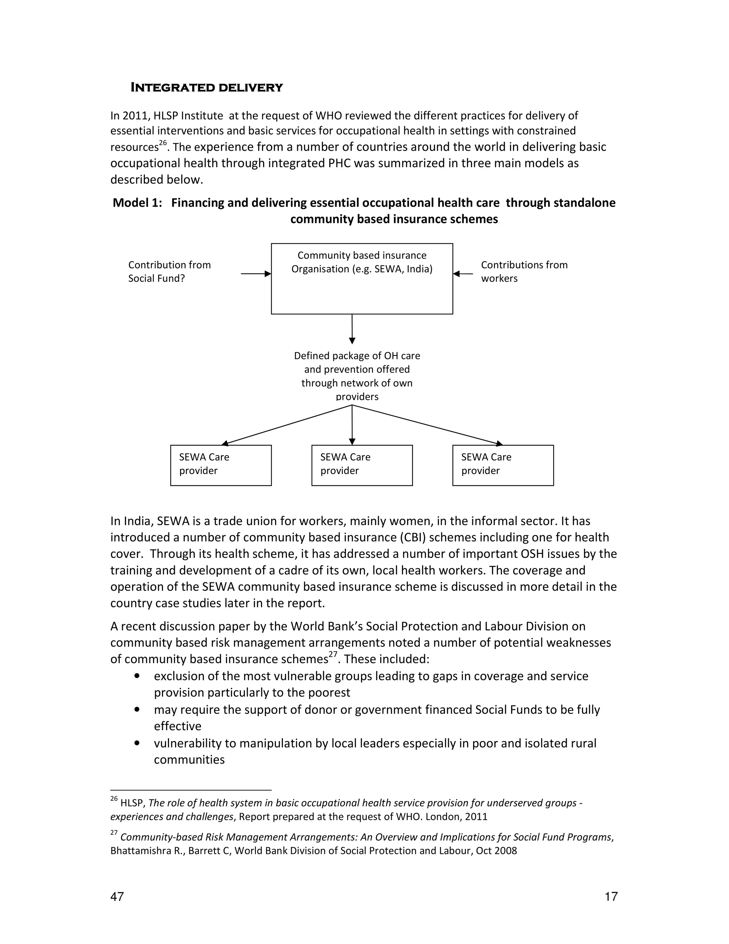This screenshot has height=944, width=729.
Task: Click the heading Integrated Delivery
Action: tap(206, 88)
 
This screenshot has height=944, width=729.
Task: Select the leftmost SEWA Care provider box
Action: tap(221, 465)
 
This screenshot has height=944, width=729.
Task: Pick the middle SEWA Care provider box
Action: tap(362, 465)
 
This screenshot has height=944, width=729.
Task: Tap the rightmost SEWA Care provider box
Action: tap(503, 465)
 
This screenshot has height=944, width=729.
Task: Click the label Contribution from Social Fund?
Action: tap(169, 271)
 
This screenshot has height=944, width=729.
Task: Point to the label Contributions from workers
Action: tap(524, 271)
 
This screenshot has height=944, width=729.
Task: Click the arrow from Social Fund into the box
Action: tap(256, 274)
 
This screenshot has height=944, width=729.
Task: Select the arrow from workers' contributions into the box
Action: tap(463, 274)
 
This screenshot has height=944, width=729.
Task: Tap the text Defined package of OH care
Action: tap(357, 356)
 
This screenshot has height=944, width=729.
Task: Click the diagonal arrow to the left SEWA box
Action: tap(287, 425)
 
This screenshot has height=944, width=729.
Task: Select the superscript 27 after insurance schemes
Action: tap(332, 655)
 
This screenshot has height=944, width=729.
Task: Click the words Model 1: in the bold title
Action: tap(137, 203)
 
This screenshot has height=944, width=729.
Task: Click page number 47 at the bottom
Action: tap(117, 897)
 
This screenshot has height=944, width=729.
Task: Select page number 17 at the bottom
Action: tap(611, 897)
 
